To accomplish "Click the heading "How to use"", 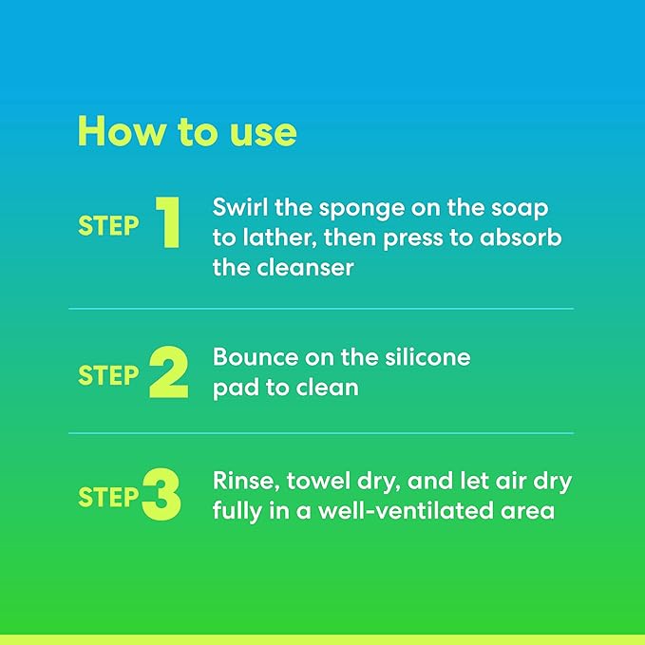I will click(x=187, y=131).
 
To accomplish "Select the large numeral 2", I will click(x=169, y=373).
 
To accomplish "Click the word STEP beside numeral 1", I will click(x=108, y=226).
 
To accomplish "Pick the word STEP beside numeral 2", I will click(x=108, y=375).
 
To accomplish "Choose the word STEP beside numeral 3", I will click(x=108, y=497).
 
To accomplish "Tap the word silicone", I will click(x=425, y=358).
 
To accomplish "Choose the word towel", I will click(x=323, y=482).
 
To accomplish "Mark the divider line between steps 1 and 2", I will click(x=321, y=309).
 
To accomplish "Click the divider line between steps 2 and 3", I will click(x=321, y=433).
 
